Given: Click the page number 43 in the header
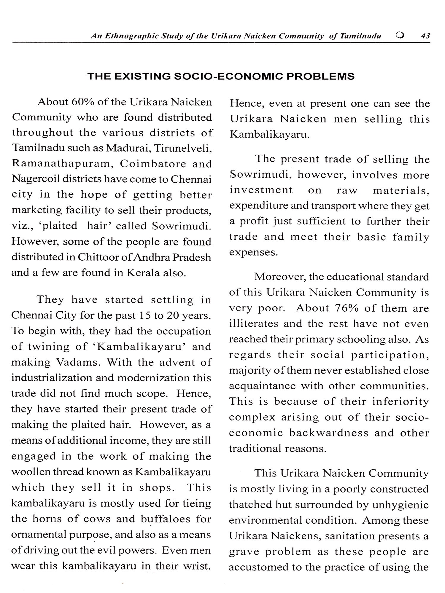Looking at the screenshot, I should pyautogui.click(x=425, y=36).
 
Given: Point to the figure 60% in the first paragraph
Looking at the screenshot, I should pyautogui.click(x=83, y=102).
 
